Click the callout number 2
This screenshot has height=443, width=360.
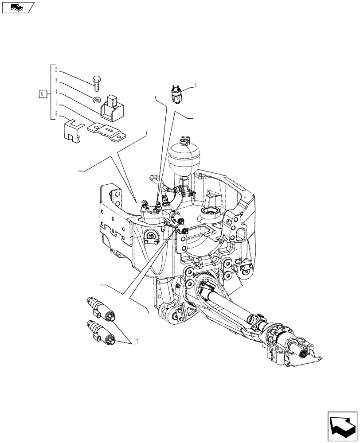click(x=56, y=69)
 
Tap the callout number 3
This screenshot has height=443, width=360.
click(x=56, y=81)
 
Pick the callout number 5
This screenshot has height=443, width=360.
click(x=56, y=114)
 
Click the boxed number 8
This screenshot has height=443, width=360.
click(x=42, y=94)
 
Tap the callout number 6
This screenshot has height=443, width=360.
click(x=195, y=85)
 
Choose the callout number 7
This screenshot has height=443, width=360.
click(x=137, y=342)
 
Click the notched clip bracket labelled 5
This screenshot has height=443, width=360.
click(x=72, y=130)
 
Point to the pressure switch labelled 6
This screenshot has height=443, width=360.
click(x=176, y=93)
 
